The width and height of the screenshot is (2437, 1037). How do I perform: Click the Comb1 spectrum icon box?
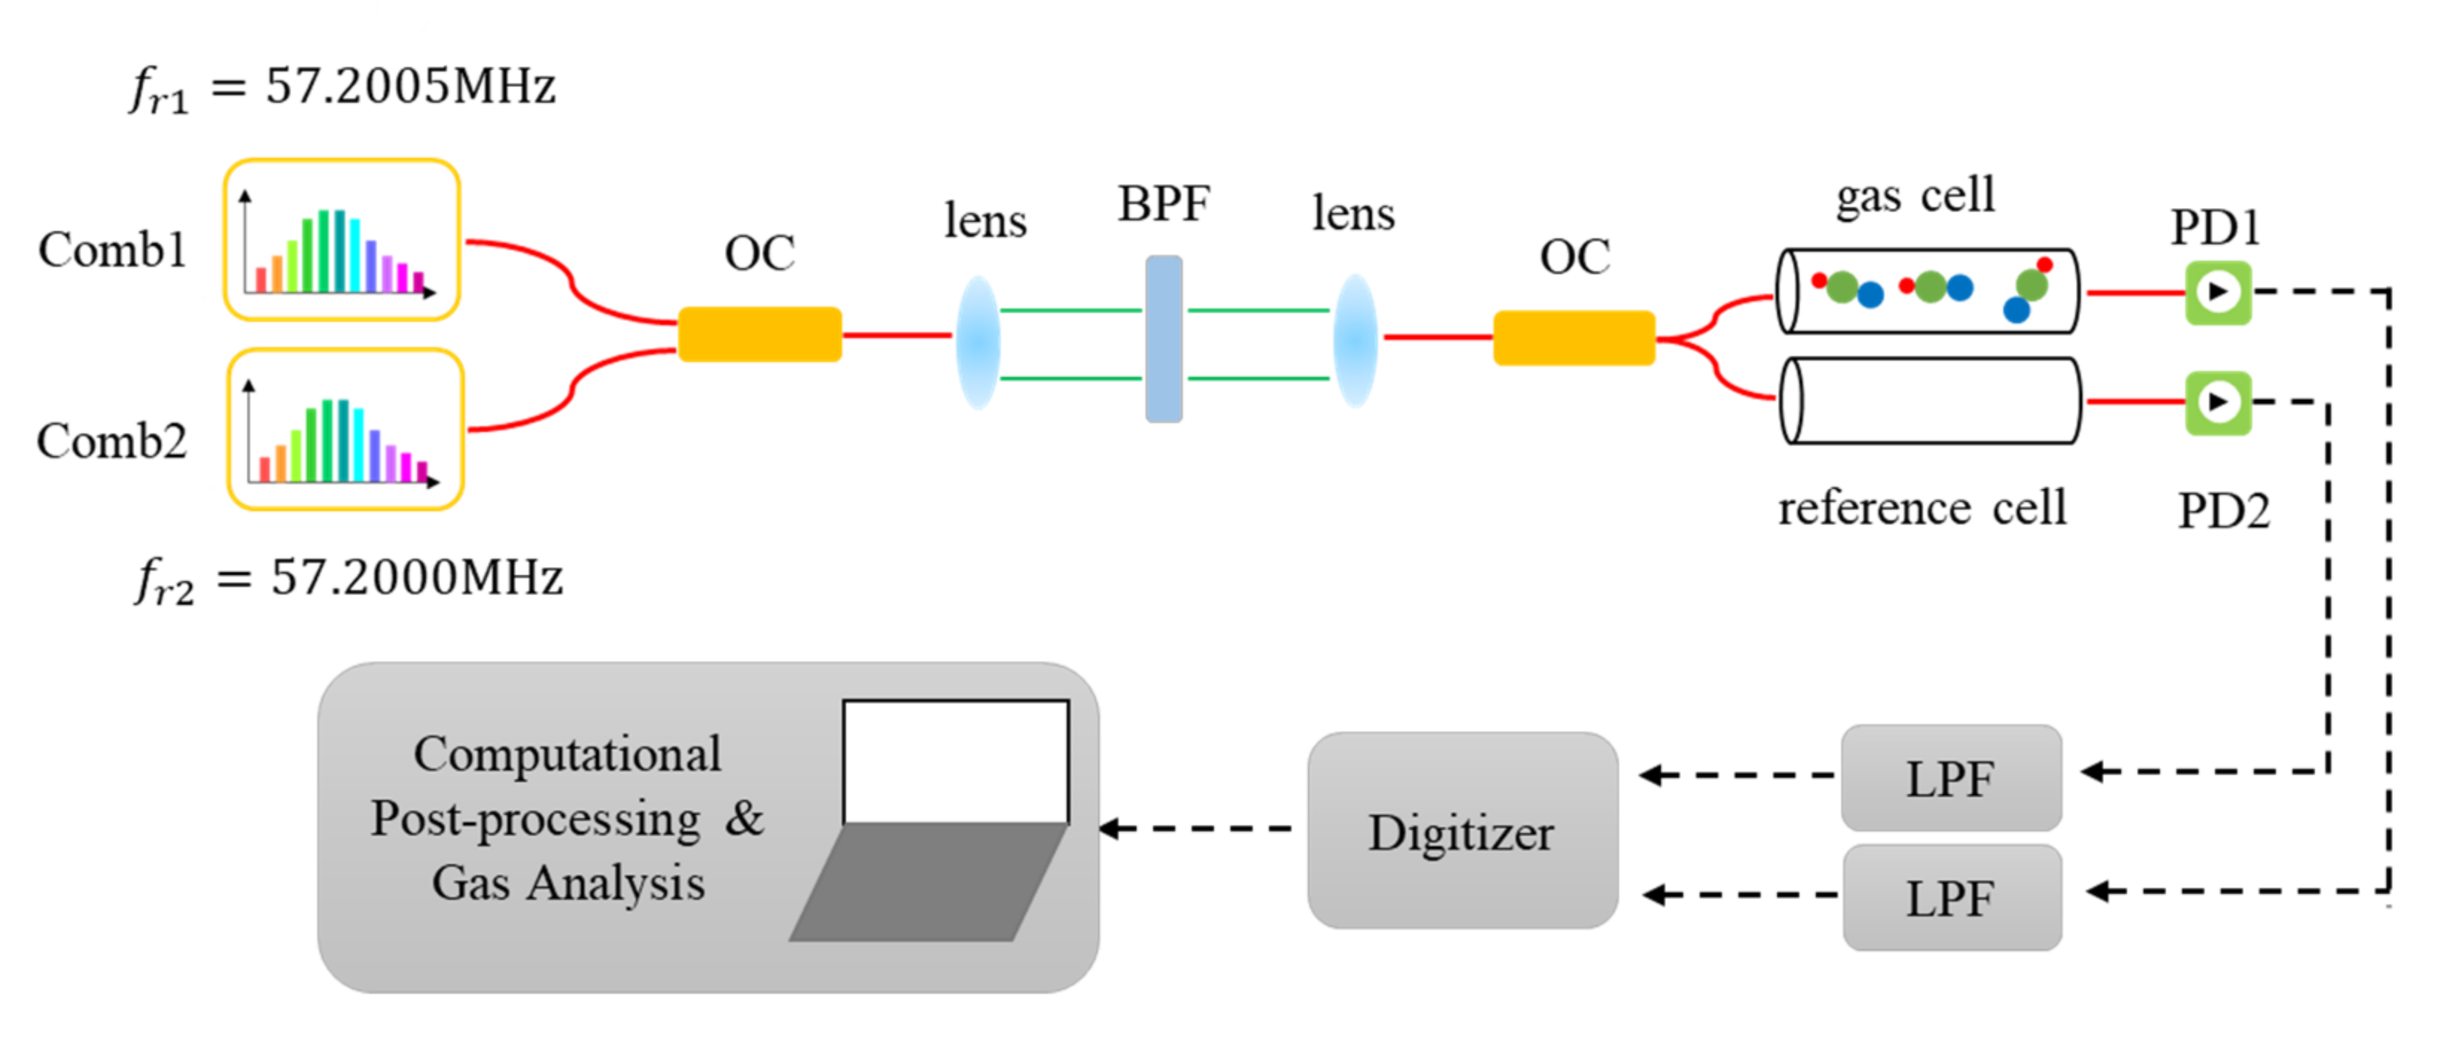342,241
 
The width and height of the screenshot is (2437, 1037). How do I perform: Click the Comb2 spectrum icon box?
346,431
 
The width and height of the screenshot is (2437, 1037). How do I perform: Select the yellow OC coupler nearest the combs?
760,334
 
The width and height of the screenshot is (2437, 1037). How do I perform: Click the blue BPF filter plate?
1163,339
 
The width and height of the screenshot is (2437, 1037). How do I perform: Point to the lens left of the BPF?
978,343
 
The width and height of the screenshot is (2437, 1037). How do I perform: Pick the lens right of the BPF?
1355,340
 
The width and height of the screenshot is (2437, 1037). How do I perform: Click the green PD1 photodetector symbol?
2217,292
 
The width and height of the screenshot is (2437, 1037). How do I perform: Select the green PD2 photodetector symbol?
2217,403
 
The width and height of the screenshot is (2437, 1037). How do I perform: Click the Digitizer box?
1461,831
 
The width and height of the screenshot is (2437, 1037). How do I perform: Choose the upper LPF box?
1951,778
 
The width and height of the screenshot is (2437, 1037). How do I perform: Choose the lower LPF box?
1951,897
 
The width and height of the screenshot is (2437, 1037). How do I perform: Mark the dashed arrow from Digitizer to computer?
1197,829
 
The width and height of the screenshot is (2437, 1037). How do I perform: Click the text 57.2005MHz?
410,87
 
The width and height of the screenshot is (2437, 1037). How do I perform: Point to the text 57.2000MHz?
416,577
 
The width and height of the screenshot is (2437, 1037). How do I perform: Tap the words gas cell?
1915,197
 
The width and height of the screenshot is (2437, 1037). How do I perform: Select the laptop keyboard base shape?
927,882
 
